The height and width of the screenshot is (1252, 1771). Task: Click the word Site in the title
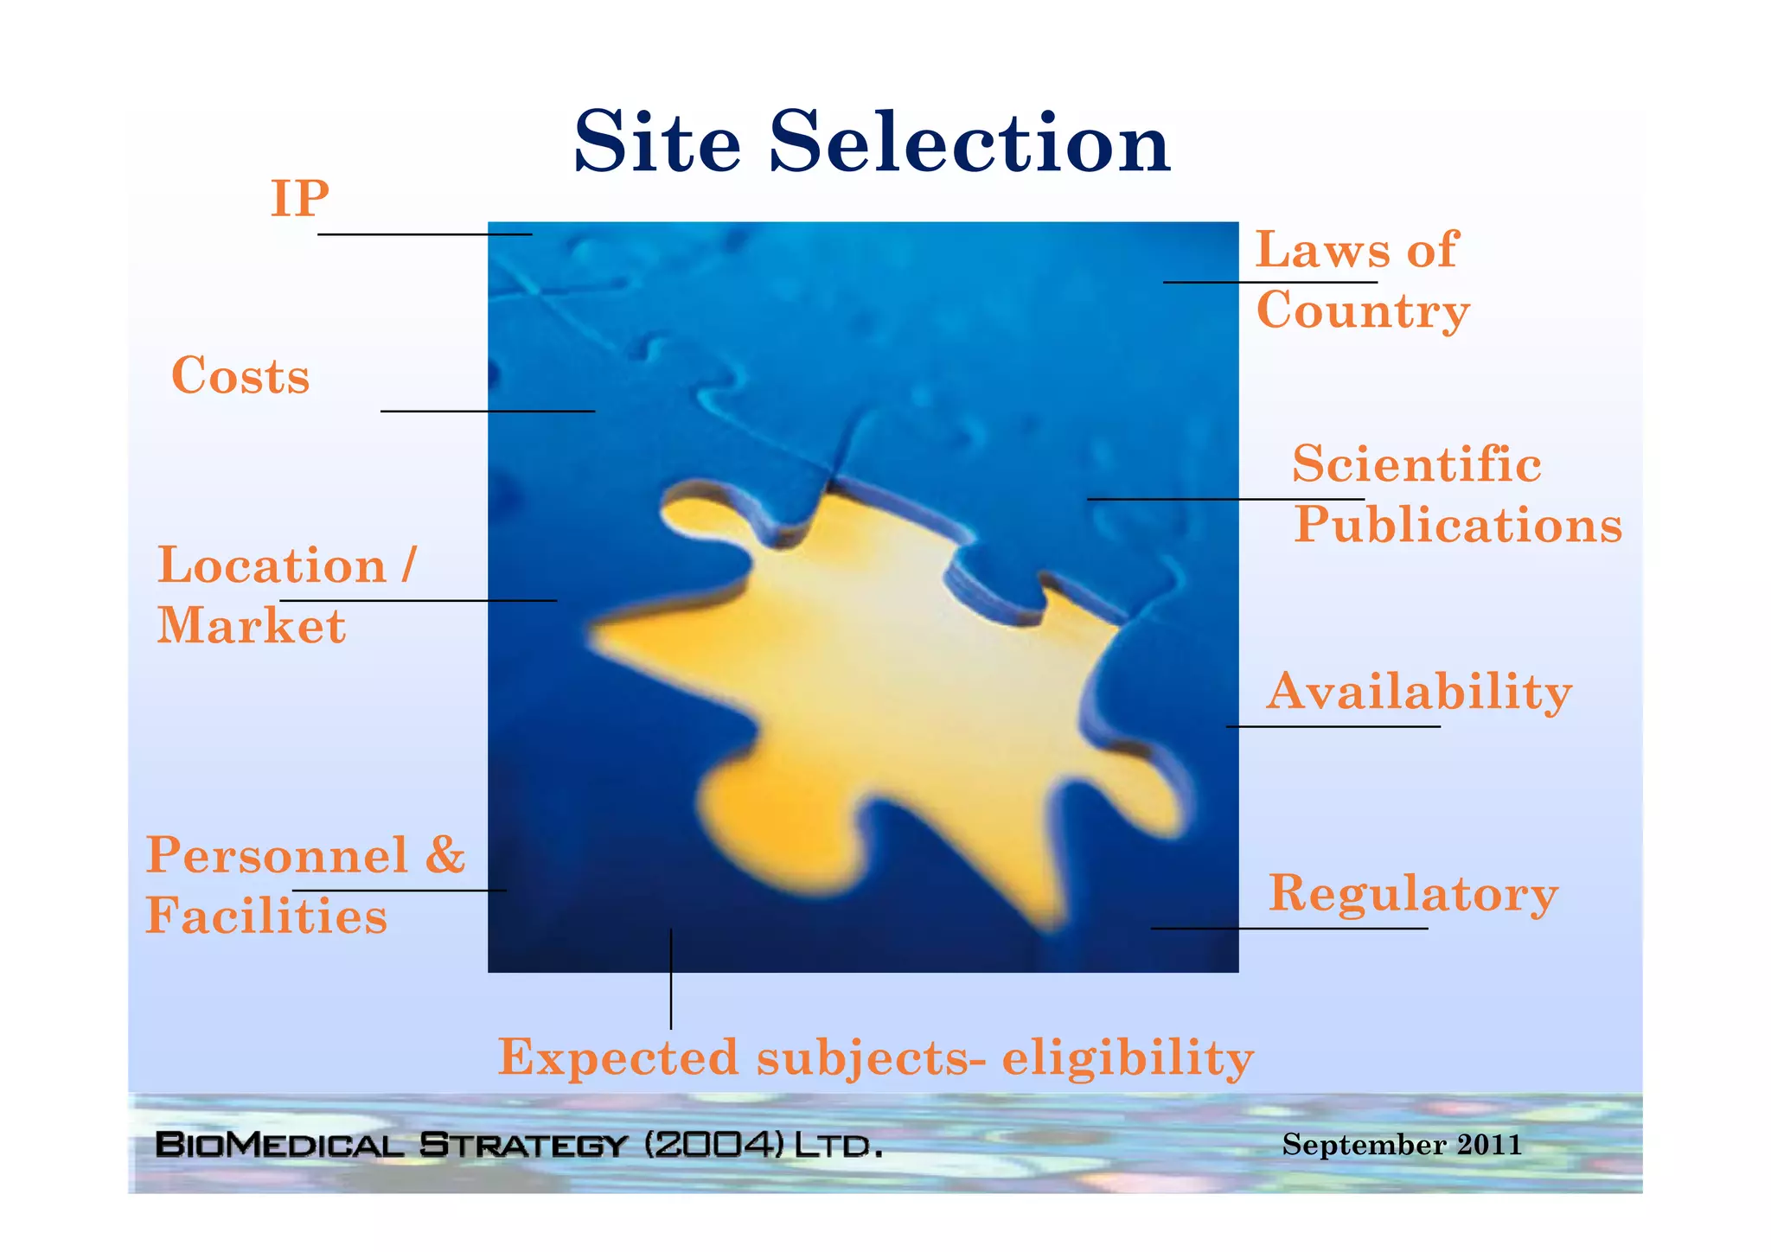tap(657, 143)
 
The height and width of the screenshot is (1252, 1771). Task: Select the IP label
tap(299, 199)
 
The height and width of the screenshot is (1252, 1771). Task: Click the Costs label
tap(240, 376)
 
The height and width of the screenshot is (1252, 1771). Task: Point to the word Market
tap(251, 626)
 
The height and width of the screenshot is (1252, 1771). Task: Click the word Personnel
tap(277, 855)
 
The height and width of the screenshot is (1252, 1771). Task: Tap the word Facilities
tap(266, 916)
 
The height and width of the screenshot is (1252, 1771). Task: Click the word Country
tap(1363, 311)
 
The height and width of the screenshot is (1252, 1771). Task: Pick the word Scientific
tap(1416, 464)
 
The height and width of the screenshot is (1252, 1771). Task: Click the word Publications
tap(1458, 525)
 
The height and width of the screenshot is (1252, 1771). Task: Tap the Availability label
tap(1418, 692)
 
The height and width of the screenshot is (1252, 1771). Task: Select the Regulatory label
tap(1413, 893)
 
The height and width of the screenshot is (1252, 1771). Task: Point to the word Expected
tap(618, 1057)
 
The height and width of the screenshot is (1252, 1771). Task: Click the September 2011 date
tap(1401, 1144)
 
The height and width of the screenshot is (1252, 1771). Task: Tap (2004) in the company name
tap(714, 1145)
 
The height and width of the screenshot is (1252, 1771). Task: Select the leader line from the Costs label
tap(487, 411)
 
